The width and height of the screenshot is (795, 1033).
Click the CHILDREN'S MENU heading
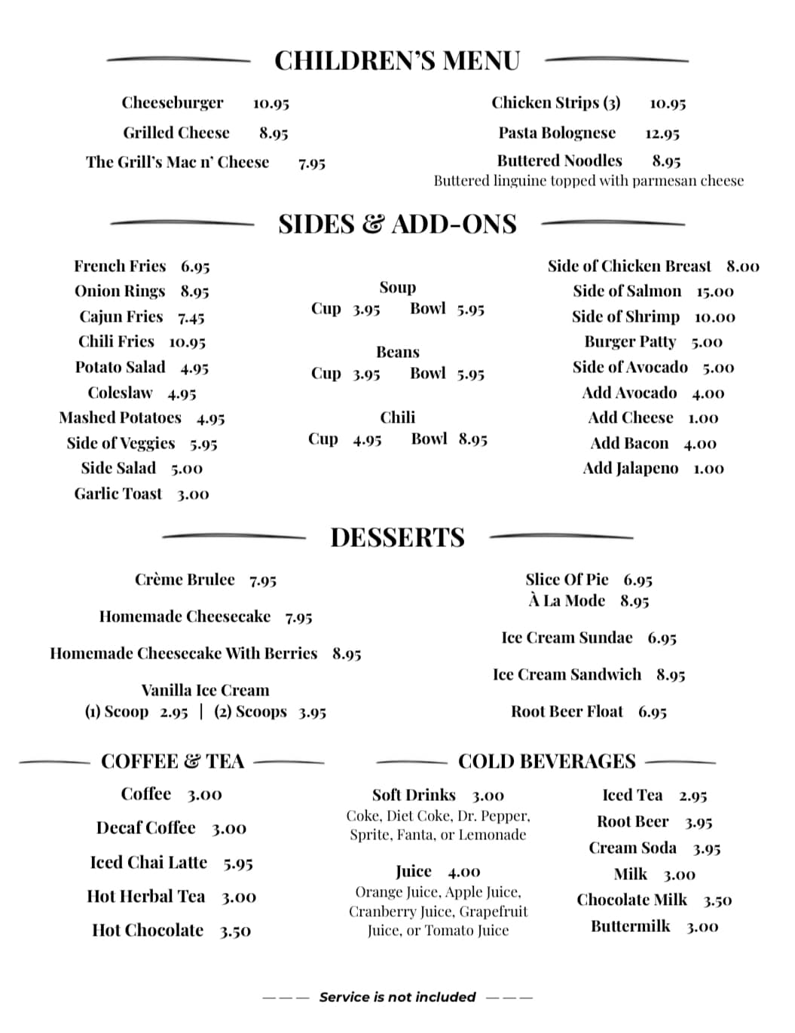tap(397, 60)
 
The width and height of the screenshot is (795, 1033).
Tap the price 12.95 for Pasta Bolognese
tap(662, 133)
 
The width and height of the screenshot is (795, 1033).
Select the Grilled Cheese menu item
tap(176, 133)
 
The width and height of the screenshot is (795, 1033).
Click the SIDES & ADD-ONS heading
tap(397, 224)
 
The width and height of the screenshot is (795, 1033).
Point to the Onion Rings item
tap(120, 291)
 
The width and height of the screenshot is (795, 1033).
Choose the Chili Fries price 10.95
tap(187, 342)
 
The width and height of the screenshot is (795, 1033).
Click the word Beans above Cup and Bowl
tap(398, 352)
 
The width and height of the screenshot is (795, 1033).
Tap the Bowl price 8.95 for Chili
tap(472, 439)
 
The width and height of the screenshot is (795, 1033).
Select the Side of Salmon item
tap(627, 291)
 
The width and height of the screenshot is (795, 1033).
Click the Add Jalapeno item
tap(631, 468)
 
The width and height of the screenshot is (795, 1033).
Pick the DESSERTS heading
tap(397, 537)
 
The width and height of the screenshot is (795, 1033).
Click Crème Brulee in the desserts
tap(185, 579)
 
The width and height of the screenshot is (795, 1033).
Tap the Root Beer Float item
tap(567, 711)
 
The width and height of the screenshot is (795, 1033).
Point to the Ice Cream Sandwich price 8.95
tap(671, 674)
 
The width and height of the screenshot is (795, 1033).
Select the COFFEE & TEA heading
tap(173, 761)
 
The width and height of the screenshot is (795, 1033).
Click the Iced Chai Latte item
tap(148, 862)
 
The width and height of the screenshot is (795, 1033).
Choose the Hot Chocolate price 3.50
tap(235, 931)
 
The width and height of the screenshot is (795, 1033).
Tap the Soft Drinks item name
tap(414, 795)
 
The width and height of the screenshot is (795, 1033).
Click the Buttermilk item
tap(630, 926)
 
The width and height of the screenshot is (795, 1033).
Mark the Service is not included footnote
tap(397, 997)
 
